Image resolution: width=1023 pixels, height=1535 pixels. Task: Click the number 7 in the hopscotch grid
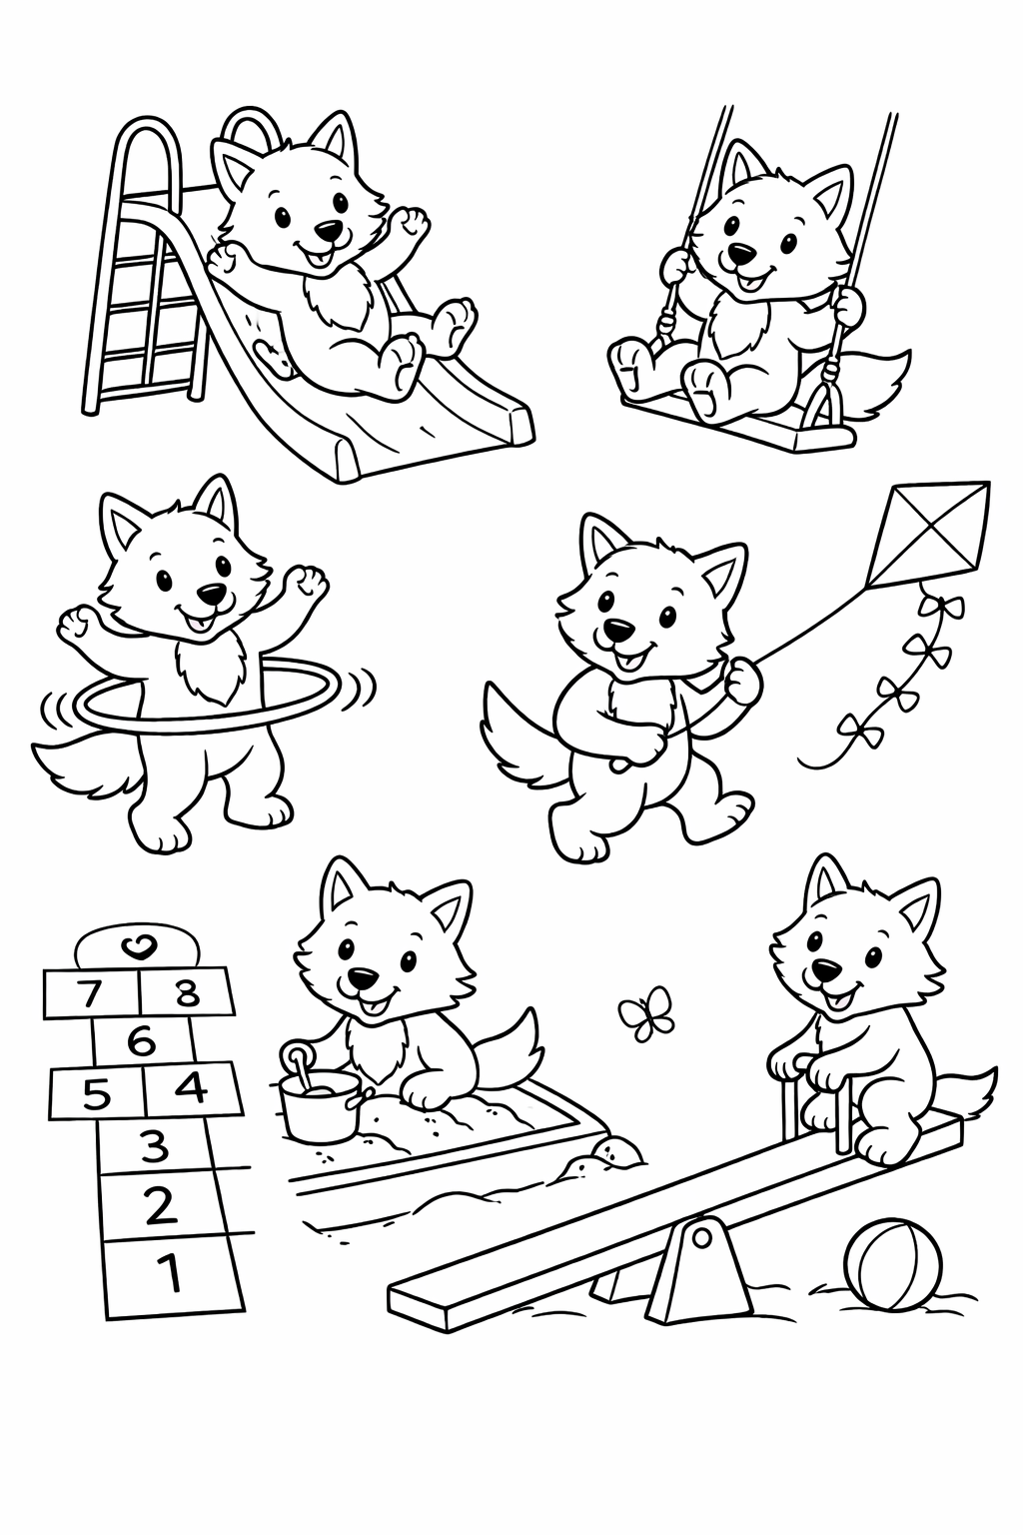tap(90, 993)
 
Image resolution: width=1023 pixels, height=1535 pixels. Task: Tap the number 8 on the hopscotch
tap(187, 993)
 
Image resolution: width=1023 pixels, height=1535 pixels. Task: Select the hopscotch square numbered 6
tap(142, 1042)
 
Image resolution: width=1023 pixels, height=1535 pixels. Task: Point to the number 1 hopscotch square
tap(171, 1273)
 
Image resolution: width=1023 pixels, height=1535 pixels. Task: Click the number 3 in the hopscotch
tap(154, 1146)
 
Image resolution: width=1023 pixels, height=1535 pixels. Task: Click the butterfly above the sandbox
tap(647, 1013)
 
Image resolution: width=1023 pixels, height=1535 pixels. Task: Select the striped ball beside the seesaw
tap(892, 1263)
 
